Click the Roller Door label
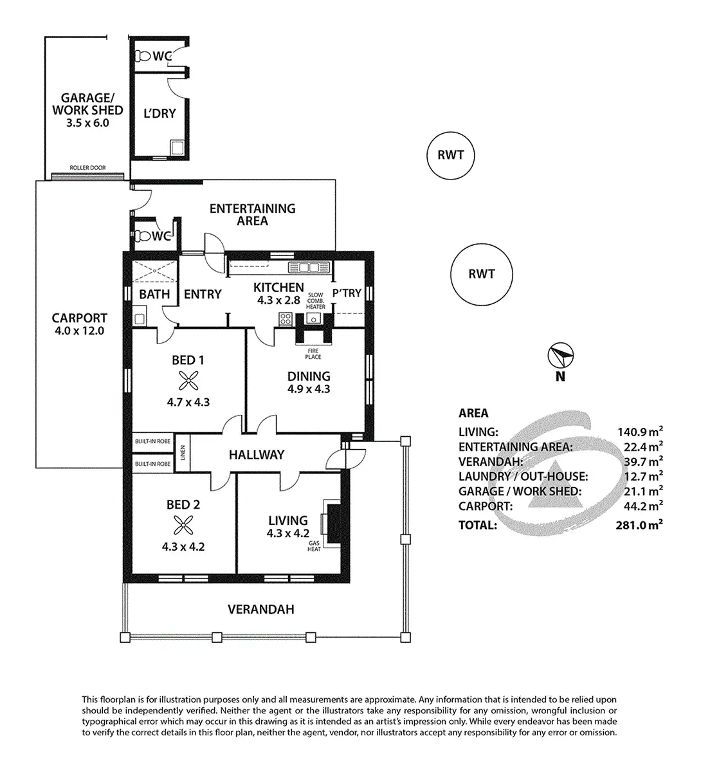[87, 169]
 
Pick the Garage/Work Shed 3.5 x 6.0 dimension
[87, 123]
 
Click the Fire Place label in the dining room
[313, 354]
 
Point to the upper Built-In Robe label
[152, 442]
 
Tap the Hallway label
[257, 455]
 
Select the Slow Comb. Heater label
[316, 300]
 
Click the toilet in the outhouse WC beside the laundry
[141, 56]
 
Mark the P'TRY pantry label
[347, 293]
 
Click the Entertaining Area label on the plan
[252, 214]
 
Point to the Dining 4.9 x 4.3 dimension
[309, 389]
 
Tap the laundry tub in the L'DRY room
[177, 149]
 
